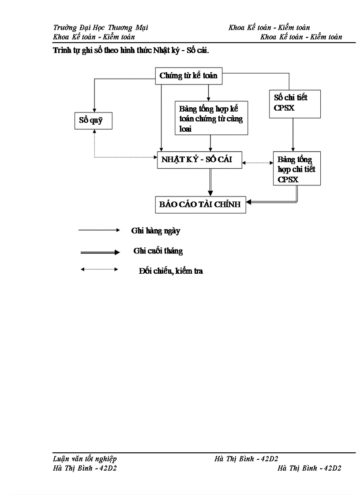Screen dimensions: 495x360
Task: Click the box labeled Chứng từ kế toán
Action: [188, 76]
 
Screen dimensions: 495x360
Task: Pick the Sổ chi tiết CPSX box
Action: [294, 104]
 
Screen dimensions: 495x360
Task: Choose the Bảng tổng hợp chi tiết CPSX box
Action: [296, 169]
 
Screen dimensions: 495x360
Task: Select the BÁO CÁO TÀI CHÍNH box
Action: [200, 205]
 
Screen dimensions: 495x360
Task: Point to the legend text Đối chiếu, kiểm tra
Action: [170, 271]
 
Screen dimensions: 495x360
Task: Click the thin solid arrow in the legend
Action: [99, 230]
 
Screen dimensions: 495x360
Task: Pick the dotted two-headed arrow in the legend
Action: [99, 269]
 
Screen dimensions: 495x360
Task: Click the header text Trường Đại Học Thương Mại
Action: [100, 28]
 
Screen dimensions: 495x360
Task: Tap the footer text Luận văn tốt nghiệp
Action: [85, 459]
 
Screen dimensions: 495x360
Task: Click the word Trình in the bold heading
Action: [61, 50]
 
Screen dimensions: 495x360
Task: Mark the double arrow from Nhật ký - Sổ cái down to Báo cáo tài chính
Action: [210, 182]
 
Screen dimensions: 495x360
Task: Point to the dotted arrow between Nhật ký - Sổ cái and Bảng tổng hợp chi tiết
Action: [258, 163]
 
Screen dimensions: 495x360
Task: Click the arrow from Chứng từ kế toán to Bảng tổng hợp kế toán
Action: [208, 92]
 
